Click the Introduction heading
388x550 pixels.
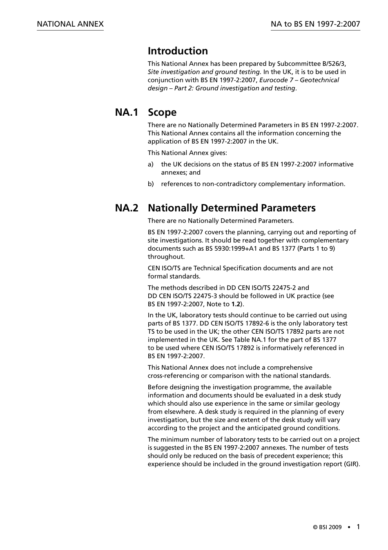(x=178, y=51)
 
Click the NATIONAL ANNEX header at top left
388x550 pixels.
(x=70, y=24)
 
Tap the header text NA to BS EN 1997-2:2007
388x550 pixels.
(x=315, y=24)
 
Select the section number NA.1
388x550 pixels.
(x=127, y=112)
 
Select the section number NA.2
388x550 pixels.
(x=127, y=208)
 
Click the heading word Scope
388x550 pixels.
(x=162, y=112)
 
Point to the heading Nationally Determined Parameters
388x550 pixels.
(x=232, y=208)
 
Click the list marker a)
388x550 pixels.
(x=151, y=164)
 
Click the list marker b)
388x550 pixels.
(x=151, y=184)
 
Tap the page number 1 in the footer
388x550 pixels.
(x=358, y=527)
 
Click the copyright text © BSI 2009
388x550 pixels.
(x=327, y=528)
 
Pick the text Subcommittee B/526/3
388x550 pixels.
(x=311, y=64)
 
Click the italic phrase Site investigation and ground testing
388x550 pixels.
(x=204, y=72)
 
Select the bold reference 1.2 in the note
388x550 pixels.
(x=236, y=304)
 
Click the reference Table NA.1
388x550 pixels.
(x=248, y=340)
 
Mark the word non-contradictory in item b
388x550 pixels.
(x=230, y=184)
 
